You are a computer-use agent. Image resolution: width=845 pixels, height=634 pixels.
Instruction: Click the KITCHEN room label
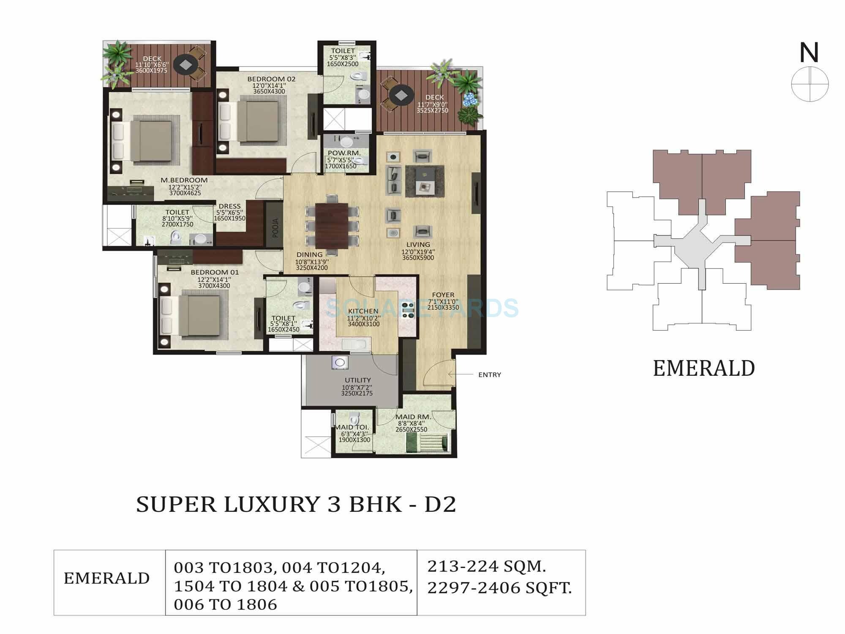[363, 312]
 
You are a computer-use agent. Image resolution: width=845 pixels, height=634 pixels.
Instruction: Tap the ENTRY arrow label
[489, 375]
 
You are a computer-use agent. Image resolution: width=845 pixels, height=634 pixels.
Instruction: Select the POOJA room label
[275, 228]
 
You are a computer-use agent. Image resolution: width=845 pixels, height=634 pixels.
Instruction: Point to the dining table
[332, 224]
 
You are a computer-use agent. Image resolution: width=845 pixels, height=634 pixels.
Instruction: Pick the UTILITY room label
[357, 380]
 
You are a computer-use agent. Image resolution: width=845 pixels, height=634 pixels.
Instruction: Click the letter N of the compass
[809, 53]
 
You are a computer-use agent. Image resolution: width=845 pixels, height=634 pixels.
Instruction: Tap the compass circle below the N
[810, 84]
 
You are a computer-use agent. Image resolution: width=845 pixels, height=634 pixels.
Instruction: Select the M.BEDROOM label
[184, 180]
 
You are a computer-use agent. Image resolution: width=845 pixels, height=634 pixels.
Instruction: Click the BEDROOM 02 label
[271, 79]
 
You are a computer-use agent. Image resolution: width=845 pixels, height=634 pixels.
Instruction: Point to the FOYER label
[443, 295]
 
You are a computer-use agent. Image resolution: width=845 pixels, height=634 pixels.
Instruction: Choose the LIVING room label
[418, 245]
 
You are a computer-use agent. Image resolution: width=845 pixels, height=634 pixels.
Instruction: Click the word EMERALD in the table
[107, 578]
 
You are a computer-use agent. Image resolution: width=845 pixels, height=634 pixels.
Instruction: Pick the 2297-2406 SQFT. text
[499, 588]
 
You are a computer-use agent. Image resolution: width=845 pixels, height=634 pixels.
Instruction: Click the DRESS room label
[229, 207]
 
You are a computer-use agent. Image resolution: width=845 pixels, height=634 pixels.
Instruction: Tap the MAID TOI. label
[352, 427]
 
